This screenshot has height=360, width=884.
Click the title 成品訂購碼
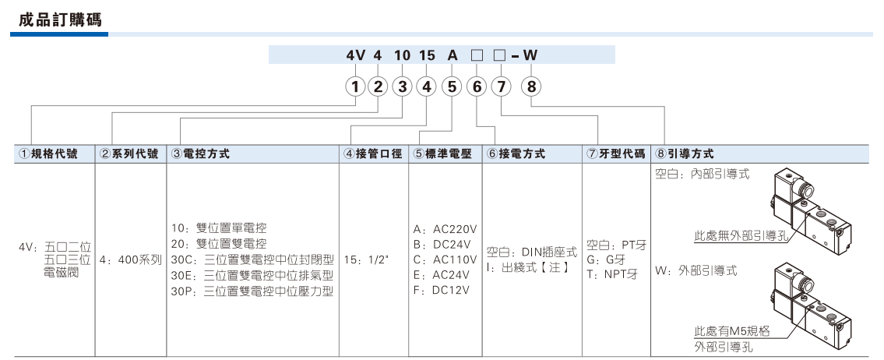click(x=60, y=20)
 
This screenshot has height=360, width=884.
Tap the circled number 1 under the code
click(x=355, y=87)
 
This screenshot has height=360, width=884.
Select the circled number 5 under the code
click(x=452, y=87)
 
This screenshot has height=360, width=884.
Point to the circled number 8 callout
click(x=532, y=87)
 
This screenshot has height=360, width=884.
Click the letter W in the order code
click(x=530, y=55)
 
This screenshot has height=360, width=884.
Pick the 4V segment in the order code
click(x=356, y=55)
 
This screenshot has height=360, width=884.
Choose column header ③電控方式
click(x=199, y=154)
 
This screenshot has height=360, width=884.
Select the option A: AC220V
click(x=446, y=229)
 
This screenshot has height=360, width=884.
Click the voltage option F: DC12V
click(x=442, y=290)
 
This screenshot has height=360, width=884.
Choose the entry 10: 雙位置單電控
click(x=219, y=228)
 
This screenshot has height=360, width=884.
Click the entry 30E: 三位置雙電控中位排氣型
click(x=252, y=276)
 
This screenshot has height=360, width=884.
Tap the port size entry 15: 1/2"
click(x=367, y=260)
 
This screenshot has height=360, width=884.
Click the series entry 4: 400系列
click(x=130, y=261)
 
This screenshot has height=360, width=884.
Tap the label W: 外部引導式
click(x=696, y=270)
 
